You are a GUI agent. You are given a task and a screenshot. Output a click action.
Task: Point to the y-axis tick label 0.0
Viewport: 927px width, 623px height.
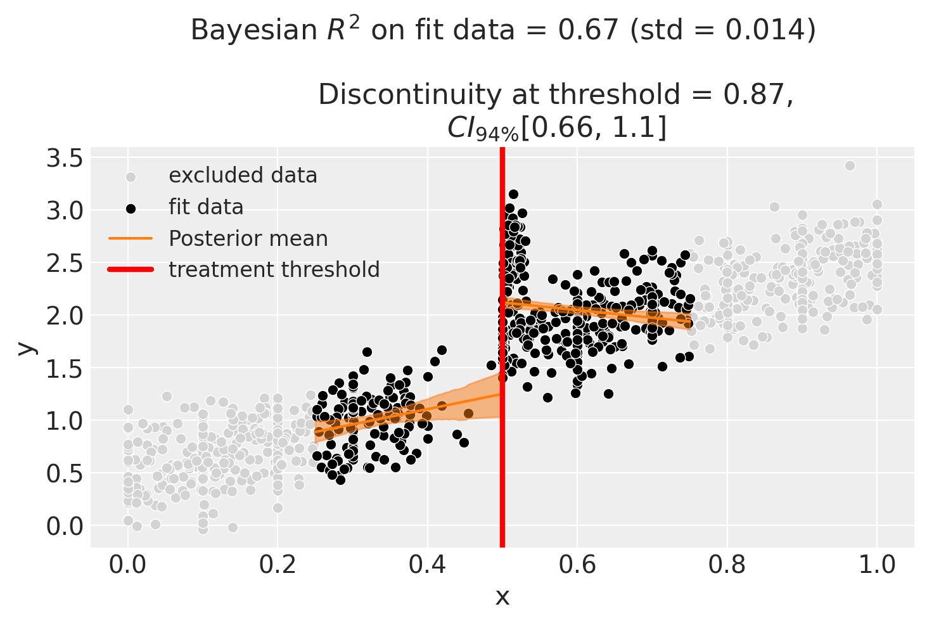65,526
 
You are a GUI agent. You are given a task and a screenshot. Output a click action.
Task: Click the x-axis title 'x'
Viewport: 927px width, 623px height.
502,596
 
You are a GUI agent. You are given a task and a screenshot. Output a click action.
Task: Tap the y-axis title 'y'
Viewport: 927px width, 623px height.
25,347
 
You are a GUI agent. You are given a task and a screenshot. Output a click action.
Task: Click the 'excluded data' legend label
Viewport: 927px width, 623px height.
243,176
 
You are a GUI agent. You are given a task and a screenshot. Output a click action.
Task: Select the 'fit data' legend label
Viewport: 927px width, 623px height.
206,207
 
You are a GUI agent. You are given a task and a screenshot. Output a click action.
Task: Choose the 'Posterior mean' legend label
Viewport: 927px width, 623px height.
248,238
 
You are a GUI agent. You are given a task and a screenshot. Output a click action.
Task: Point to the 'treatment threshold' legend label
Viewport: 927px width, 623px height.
274,270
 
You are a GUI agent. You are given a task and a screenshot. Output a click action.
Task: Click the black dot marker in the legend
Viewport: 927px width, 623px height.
131,208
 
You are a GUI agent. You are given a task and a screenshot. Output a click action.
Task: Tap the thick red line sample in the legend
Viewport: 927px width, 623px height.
131,270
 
